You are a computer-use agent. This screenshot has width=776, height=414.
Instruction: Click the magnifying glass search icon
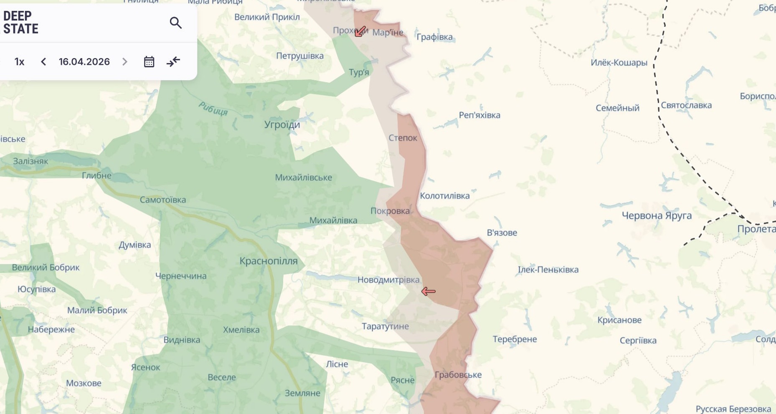[176, 23]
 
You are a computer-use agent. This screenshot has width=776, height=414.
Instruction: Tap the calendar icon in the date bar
[149, 62]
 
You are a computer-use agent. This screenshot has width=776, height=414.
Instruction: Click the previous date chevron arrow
[43, 62]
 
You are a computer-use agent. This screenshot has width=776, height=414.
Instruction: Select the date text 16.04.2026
[84, 62]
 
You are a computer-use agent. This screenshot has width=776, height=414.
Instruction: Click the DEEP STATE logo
[21, 22]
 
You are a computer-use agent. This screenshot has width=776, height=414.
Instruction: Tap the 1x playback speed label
[19, 62]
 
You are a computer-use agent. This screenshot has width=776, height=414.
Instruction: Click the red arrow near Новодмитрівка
[428, 291]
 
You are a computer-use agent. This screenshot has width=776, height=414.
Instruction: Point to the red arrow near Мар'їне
[360, 31]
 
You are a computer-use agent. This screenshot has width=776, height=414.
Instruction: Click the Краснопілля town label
[268, 261]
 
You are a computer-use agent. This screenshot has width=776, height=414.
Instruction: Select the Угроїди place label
[282, 124]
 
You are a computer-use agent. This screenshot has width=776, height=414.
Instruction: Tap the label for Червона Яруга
[657, 216]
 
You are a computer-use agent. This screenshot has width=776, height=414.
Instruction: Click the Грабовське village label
[458, 375]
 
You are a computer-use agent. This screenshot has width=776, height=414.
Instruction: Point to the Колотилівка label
[444, 196]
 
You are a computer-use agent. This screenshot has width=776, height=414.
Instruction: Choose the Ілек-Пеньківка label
[548, 269]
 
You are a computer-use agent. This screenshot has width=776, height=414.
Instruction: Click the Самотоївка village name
[162, 200]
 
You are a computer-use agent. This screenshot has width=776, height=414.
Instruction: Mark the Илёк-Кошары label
[619, 63]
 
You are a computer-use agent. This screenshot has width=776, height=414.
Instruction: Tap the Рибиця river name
[213, 109]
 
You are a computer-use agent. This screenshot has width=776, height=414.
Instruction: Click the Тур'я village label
[359, 72]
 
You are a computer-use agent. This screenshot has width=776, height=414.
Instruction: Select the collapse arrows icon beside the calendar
[173, 62]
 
